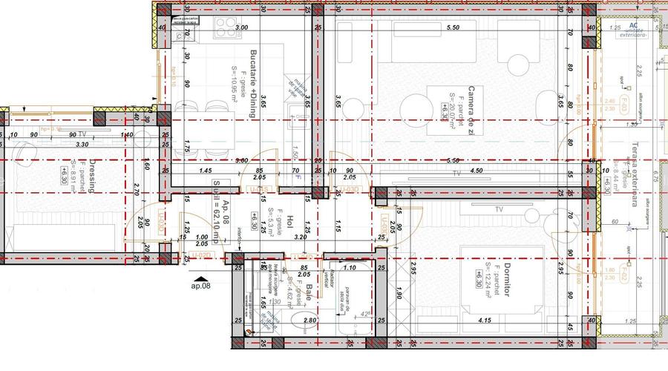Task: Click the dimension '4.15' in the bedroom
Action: click(x=485, y=321)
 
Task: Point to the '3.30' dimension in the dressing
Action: click(x=82, y=144)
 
